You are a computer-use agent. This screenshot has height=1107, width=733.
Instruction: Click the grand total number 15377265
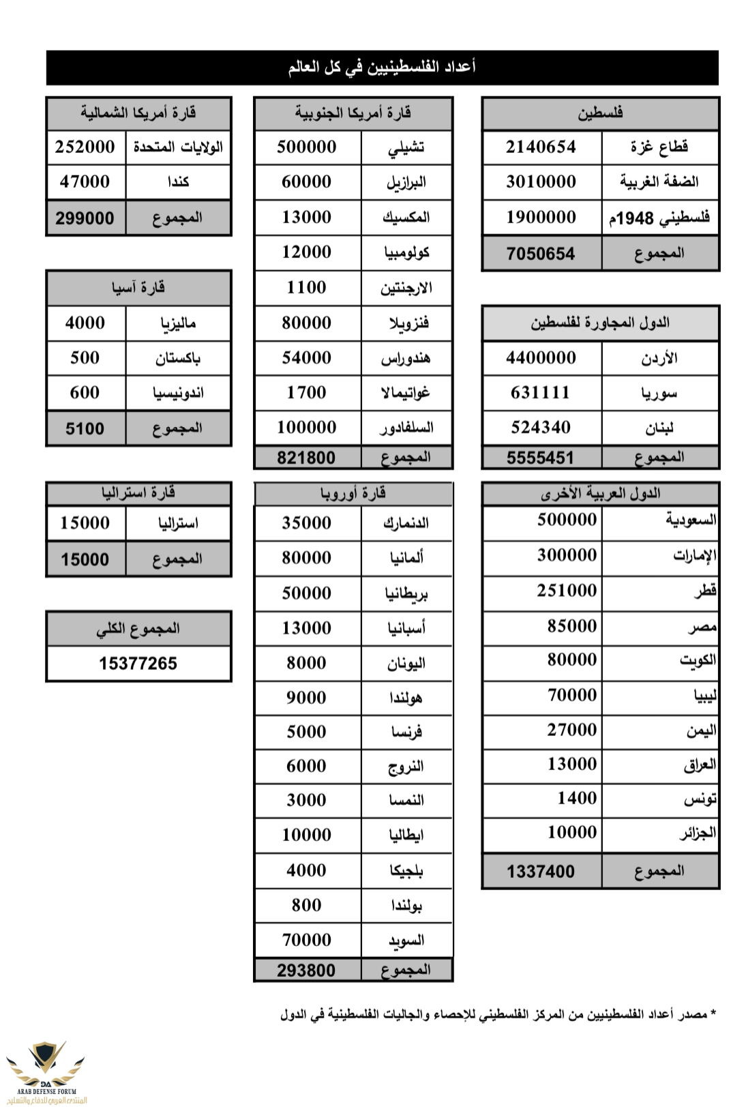138,663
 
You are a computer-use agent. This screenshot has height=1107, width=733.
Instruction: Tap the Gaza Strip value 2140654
541,147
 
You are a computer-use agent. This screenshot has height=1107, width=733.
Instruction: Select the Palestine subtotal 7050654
541,254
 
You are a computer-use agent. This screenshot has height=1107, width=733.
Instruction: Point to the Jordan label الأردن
659,358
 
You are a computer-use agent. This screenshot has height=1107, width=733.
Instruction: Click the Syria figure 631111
541,393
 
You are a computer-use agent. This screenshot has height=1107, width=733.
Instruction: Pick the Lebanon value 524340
541,428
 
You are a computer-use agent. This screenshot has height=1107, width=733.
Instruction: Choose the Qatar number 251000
567,590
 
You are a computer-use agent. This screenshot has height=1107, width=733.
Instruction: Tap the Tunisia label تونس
700,799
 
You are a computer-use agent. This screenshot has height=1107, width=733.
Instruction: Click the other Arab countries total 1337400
541,871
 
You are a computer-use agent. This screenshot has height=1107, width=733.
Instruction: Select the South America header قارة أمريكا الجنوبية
353,113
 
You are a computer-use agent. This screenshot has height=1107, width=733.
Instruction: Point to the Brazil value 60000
306,181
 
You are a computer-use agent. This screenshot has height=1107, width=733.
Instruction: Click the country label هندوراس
406,358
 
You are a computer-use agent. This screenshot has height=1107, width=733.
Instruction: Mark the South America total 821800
306,458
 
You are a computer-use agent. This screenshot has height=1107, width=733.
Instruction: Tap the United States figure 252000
85,147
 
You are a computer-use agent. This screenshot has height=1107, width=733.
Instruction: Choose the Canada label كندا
178,181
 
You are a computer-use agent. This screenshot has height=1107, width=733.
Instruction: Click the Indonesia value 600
85,393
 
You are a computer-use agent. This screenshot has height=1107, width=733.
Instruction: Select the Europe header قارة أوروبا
353,493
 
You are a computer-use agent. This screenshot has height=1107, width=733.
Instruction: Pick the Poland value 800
306,905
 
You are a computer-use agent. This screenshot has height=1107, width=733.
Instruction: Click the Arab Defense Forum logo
46,1070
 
